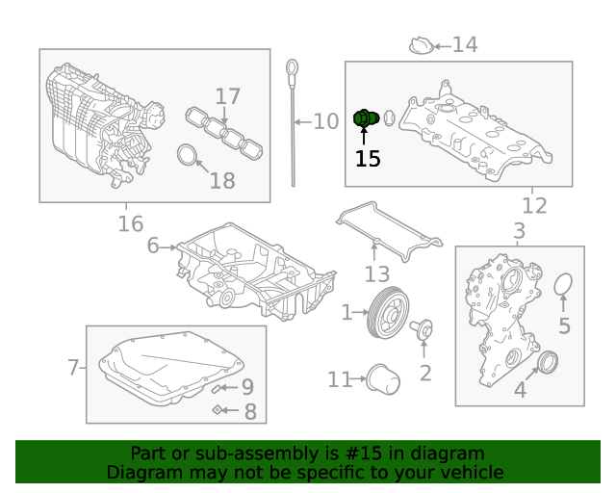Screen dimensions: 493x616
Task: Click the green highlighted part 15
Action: click(x=364, y=118)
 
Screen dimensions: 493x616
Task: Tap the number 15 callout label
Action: click(x=368, y=159)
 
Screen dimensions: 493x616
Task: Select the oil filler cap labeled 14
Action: click(x=421, y=44)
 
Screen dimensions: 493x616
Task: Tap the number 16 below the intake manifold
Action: click(x=131, y=224)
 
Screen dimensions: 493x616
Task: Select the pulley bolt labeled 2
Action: click(x=423, y=330)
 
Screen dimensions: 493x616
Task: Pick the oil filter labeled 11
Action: click(x=384, y=379)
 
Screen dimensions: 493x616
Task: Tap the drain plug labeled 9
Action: click(x=221, y=388)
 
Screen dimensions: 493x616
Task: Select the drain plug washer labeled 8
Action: click(x=219, y=411)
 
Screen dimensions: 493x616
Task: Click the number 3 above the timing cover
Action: click(x=519, y=231)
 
